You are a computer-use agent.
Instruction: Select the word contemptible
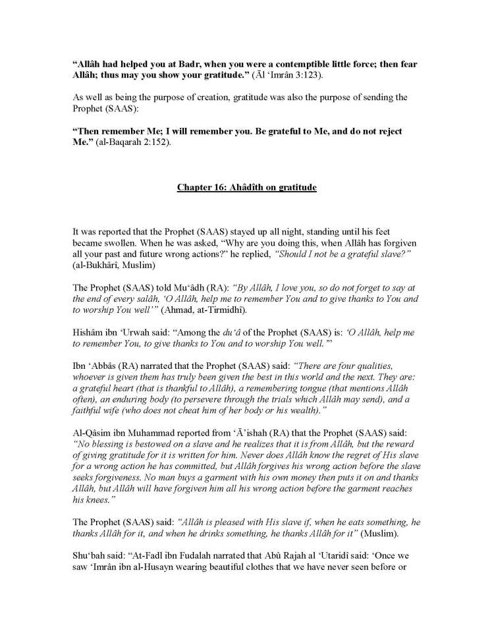tap(315, 63)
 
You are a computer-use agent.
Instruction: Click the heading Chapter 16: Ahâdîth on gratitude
tap(246, 188)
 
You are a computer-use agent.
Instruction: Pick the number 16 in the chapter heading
tap(221, 188)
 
